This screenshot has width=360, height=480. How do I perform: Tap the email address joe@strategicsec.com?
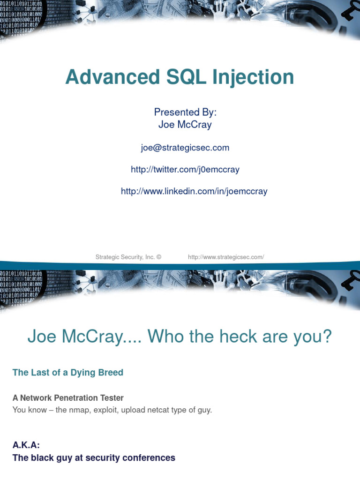pyautogui.click(x=185, y=148)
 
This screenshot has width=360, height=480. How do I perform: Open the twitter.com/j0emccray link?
pyautogui.click(x=185, y=169)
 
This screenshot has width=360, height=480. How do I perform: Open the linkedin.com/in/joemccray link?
pyautogui.click(x=194, y=191)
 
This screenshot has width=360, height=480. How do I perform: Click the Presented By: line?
pyautogui.click(x=185, y=112)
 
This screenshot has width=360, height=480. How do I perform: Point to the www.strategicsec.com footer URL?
pyautogui.click(x=226, y=257)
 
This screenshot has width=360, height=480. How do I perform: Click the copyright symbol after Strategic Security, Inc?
pyautogui.click(x=159, y=257)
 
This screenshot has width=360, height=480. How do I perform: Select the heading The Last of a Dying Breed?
pyautogui.click(x=68, y=373)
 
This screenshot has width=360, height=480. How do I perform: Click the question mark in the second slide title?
pyautogui.click(x=326, y=336)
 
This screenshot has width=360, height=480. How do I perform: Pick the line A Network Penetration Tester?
pyautogui.click(x=68, y=398)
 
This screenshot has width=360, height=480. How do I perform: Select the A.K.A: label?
pyautogui.click(x=26, y=445)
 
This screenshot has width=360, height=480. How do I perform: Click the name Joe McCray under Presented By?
pyautogui.click(x=185, y=125)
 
